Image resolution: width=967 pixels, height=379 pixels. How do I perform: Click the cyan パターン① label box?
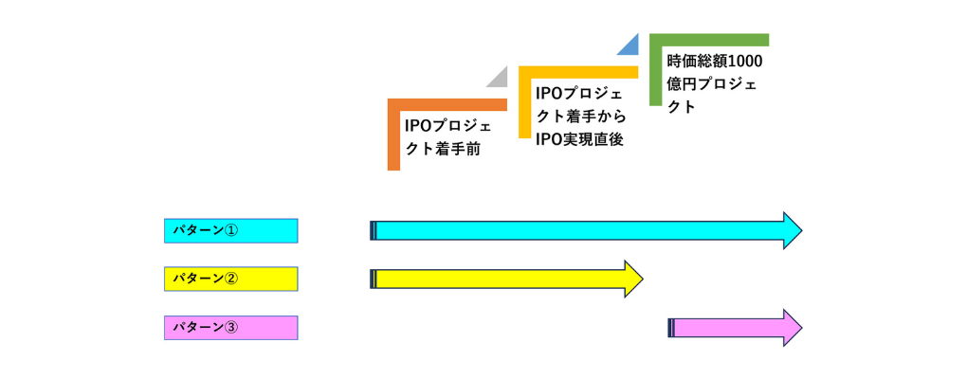pyautogui.click(x=230, y=230)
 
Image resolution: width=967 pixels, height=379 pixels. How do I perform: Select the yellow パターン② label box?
pyautogui.click(x=230, y=279)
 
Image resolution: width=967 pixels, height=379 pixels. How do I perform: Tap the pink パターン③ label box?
pyautogui.click(x=230, y=328)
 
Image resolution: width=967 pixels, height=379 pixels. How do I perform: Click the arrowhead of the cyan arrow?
pyautogui.click(x=792, y=230)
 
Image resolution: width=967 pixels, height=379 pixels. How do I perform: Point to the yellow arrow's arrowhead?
pyautogui.click(x=632, y=279)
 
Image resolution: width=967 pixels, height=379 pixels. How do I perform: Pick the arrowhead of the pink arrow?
pyautogui.click(x=792, y=328)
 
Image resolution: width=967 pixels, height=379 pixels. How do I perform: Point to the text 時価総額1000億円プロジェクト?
pyautogui.click(x=714, y=83)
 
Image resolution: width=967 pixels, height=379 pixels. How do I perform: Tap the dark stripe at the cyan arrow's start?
pyautogui.click(x=373, y=230)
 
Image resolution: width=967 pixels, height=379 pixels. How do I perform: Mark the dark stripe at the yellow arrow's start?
pyautogui.click(x=373, y=279)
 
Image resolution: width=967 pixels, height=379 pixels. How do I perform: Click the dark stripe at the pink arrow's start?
pyautogui.click(x=671, y=328)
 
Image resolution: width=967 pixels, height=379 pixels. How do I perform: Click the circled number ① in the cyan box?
pyautogui.click(x=231, y=230)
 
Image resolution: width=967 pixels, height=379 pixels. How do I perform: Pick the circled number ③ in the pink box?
pyautogui.click(x=231, y=328)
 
